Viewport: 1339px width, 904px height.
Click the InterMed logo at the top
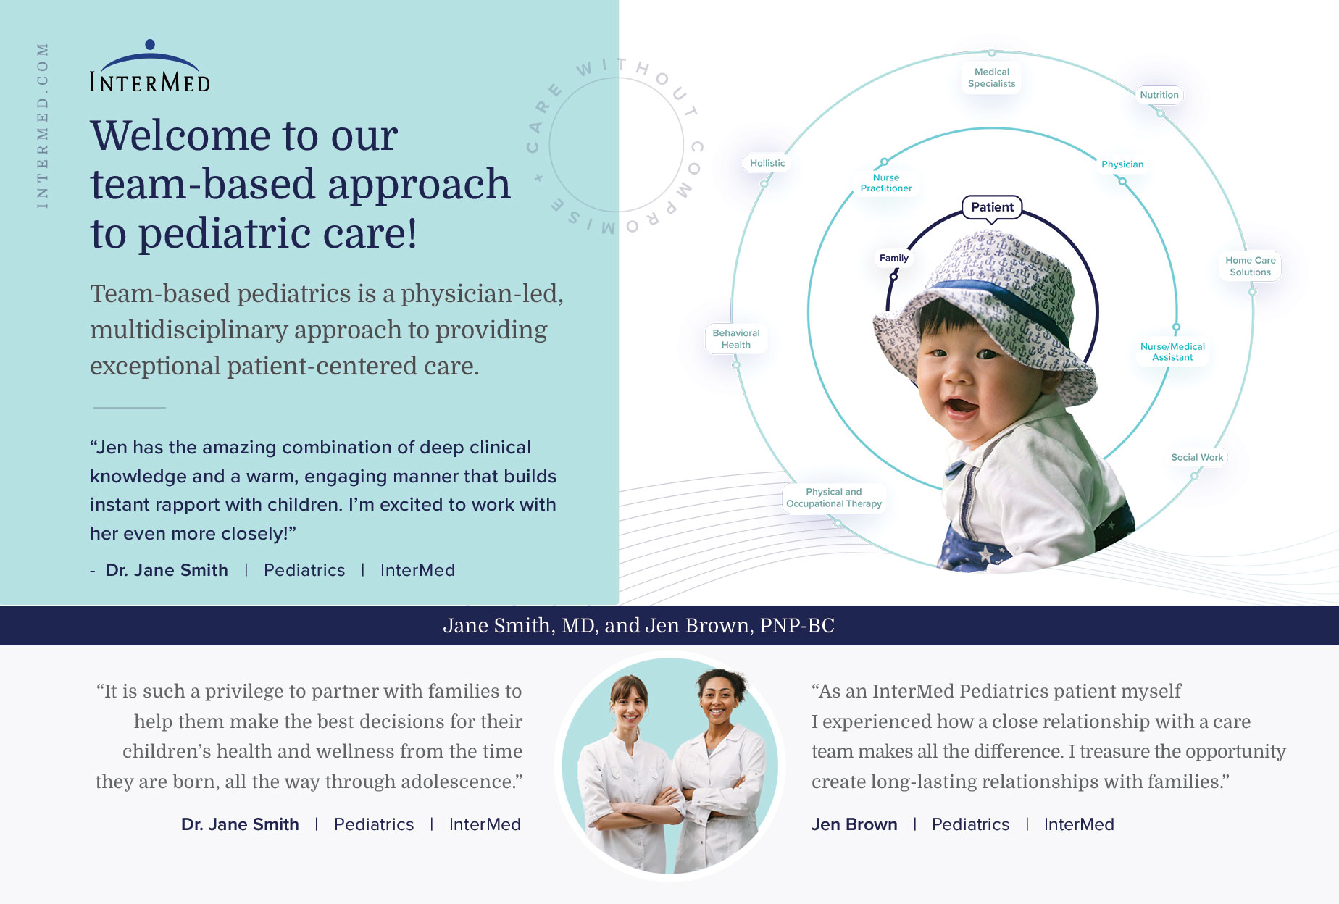(150, 66)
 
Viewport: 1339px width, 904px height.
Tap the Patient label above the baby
(992, 207)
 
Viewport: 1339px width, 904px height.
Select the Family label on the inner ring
(893, 258)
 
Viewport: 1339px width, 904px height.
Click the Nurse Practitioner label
(886, 183)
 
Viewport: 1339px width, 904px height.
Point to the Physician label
(1122, 164)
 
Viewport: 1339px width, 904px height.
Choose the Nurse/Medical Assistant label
(1172, 352)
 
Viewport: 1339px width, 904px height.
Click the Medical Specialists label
(991, 78)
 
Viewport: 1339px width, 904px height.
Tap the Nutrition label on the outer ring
(1159, 95)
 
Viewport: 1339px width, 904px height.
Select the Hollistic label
(767, 163)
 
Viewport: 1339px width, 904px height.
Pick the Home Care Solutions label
(1251, 266)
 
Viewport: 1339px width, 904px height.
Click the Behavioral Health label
(736, 339)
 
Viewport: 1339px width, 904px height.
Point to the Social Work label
(1197, 457)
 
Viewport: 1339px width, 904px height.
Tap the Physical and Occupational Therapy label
(834, 498)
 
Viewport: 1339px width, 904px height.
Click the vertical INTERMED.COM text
(43, 126)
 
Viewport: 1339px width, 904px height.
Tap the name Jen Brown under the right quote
(854, 824)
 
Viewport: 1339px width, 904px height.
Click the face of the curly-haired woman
(718, 700)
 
